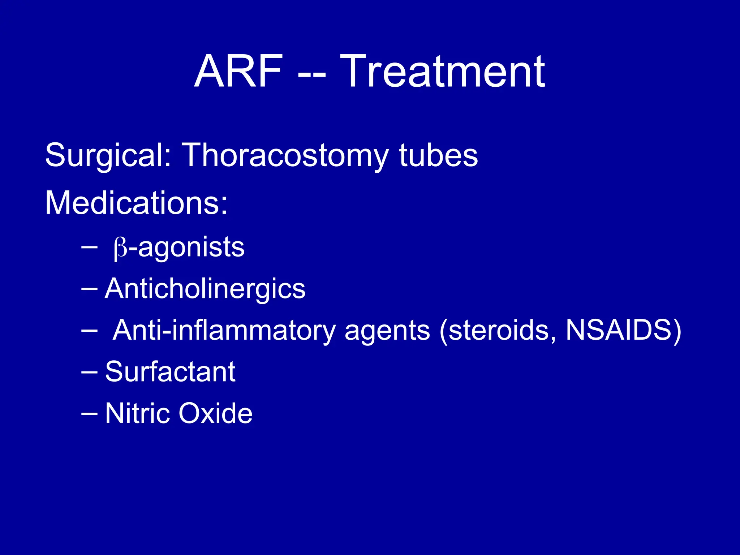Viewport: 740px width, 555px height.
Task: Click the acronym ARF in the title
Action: click(238, 72)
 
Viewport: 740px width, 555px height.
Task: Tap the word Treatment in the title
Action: click(442, 72)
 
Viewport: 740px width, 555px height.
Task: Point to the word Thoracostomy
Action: click(285, 155)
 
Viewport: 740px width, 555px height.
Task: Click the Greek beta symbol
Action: click(120, 249)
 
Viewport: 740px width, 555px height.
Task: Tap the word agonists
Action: click(192, 248)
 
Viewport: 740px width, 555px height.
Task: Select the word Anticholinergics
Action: click(205, 289)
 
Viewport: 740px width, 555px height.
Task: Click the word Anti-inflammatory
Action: click(224, 330)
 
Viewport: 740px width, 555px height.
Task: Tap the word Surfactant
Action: click(170, 372)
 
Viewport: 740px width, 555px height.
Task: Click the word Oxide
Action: click(215, 413)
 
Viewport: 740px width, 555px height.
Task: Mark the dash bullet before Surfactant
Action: click(89, 373)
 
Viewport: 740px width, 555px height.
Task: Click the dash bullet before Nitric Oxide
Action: click(89, 414)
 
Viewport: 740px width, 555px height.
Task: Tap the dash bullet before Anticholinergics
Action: click(89, 289)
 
